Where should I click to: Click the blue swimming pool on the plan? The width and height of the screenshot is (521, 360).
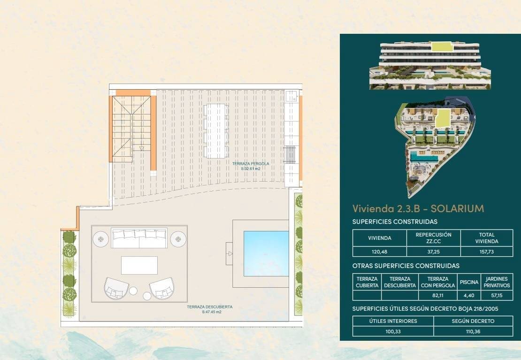point(266,253)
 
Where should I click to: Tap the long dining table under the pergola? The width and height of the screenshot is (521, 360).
point(216,131)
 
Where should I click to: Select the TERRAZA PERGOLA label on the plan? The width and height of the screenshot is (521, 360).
point(251,166)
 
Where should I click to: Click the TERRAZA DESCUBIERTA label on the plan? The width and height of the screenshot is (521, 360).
point(209,309)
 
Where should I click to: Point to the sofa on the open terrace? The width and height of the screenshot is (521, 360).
point(139,238)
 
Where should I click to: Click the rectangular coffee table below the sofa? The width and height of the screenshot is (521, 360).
point(139,265)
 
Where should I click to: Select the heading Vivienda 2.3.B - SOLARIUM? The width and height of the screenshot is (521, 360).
point(418,208)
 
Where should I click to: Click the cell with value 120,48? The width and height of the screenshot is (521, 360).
point(379,252)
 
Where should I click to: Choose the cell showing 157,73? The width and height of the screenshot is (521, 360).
point(487,252)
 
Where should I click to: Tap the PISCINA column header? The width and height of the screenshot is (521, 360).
point(469,282)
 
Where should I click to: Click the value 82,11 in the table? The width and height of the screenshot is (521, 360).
point(438,296)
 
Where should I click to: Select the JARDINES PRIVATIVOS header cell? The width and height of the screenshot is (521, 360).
point(497,282)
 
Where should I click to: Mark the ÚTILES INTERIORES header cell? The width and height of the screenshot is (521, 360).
point(393,321)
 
